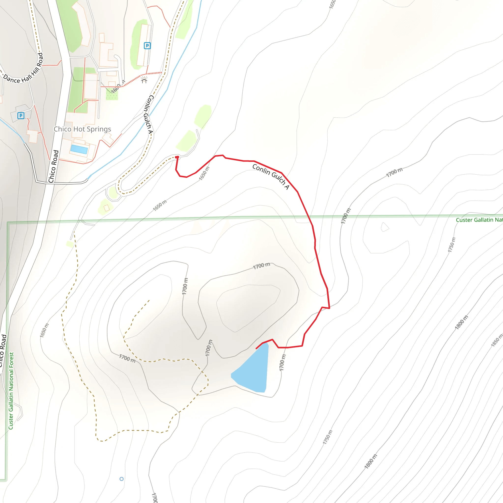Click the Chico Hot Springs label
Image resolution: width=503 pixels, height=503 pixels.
(x=82, y=129)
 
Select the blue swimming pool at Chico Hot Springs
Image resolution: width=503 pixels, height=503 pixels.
(x=79, y=149)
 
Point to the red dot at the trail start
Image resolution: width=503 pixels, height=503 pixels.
(x=177, y=157)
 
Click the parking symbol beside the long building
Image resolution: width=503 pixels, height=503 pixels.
(x=147, y=46)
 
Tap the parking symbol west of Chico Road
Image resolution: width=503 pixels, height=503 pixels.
(x=21, y=116)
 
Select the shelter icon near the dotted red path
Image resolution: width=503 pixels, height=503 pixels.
(x=144, y=80)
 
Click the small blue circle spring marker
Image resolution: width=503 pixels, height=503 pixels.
(x=122, y=479)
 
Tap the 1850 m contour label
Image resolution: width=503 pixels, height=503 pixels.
(x=496, y=340)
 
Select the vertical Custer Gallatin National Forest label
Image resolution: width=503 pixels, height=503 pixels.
(x=11, y=391)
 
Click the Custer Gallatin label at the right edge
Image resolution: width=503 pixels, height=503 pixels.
(x=479, y=220)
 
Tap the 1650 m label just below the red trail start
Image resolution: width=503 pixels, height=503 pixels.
(x=204, y=173)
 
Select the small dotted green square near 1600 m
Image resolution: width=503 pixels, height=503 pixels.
(x=112, y=94)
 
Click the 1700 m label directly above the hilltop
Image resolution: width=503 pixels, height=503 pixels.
(x=261, y=266)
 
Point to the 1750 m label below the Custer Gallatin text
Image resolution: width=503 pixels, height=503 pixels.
(x=452, y=245)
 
